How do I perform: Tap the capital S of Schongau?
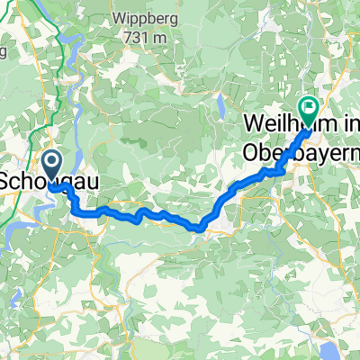(5, 180)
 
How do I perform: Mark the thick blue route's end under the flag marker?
(309, 127)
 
